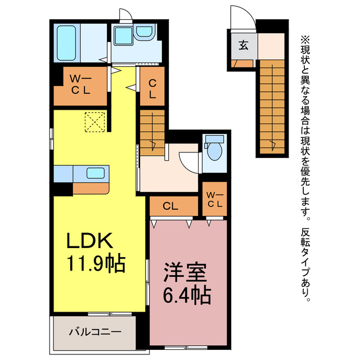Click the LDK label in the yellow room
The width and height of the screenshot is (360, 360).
[91, 240]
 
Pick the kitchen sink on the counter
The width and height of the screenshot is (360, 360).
[93, 174]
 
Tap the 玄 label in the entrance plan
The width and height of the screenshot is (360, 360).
[242, 46]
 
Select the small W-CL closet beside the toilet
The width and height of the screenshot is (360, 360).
[214, 200]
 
